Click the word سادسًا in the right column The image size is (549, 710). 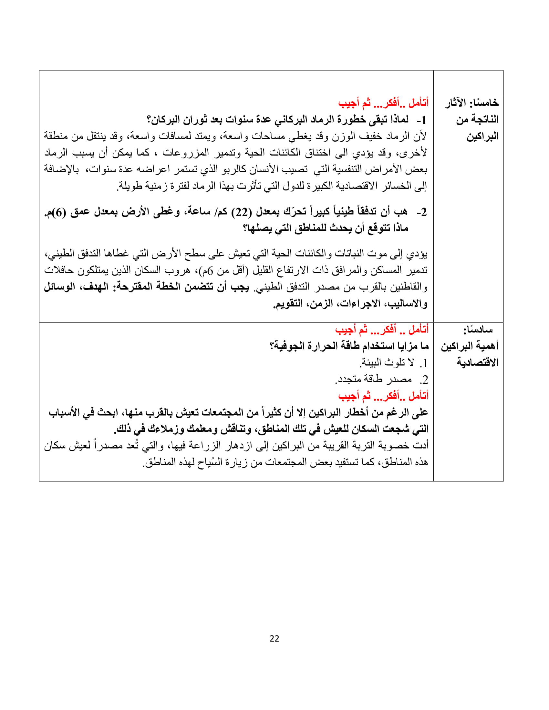478,330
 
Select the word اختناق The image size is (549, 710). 314,153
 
